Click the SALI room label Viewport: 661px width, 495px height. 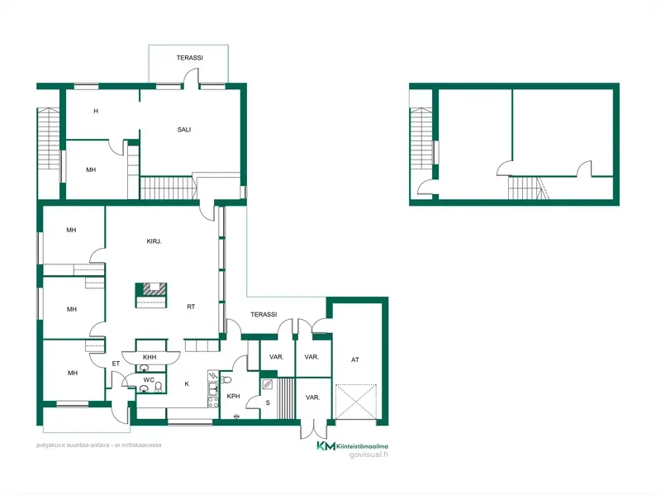(x=184, y=130)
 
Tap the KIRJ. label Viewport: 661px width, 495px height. (x=154, y=241)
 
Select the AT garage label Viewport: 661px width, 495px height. (x=355, y=359)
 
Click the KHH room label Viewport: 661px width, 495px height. (x=150, y=357)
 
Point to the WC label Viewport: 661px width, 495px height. (x=149, y=380)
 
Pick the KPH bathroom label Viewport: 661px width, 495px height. (x=233, y=396)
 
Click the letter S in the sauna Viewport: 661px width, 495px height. (x=268, y=402)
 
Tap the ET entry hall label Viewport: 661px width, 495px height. (x=116, y=364)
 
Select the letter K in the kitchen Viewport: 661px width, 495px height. (x=187, y=383)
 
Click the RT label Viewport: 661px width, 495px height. (x=191, y=307)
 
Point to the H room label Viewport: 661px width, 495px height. (x=96, y=111)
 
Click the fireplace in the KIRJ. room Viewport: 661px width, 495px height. (x=151, y=295)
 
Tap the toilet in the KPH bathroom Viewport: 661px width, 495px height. (x=226, y=380)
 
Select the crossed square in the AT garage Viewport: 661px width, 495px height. (x=356, y=402)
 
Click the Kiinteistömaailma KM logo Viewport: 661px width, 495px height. (x=326, y=446)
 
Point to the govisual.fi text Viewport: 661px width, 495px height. (x=369, y=455)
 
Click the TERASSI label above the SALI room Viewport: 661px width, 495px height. (x=190, y=58)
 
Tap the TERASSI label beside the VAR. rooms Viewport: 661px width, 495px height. (x=264, y=314)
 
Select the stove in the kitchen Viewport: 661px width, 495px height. (x=213, y=402)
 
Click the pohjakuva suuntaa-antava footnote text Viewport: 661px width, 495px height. (x=98, y=445)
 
